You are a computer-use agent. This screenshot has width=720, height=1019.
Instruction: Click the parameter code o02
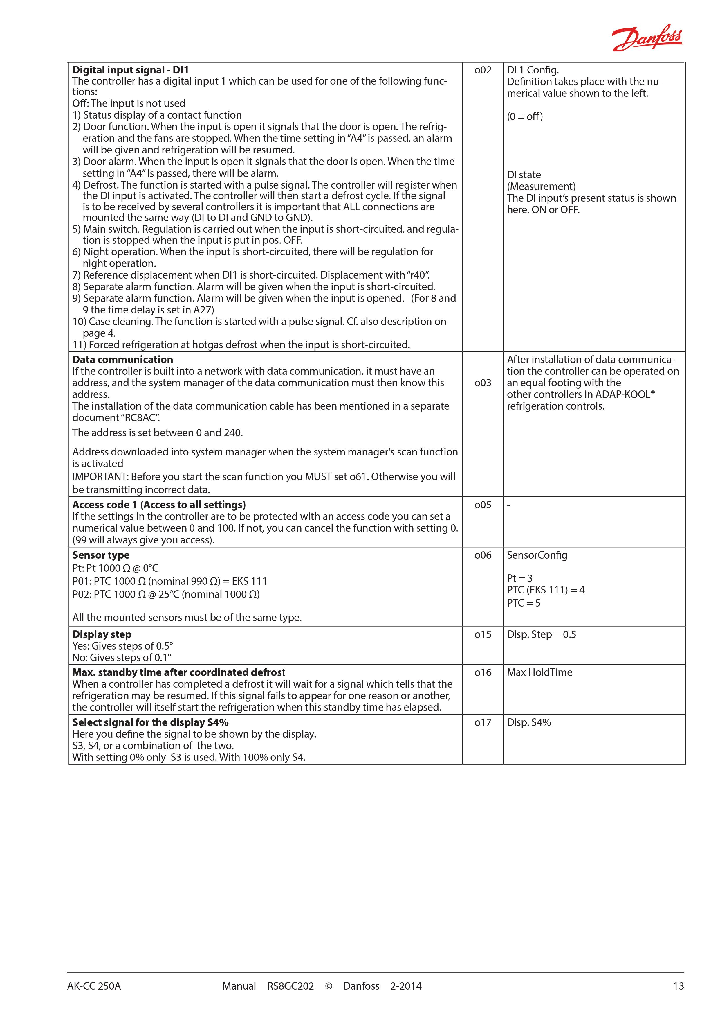click(483, 70)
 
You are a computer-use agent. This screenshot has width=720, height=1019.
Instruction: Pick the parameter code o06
click(483, 555)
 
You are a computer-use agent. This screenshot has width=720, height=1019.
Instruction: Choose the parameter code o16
click(483, 672)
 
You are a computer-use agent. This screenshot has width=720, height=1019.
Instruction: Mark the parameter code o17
click(483, 722)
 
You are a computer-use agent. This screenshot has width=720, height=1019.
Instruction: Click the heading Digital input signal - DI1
click(130, 70)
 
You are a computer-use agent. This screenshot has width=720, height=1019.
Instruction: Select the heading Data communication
click(122, 360)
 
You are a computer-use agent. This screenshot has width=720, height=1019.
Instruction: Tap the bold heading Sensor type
click(101, 555)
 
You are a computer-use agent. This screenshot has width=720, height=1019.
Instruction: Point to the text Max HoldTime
click(539, 672)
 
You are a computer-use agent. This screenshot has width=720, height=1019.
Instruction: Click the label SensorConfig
click(537, 555)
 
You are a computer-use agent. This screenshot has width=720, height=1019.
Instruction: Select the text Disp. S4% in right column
click(529, 722)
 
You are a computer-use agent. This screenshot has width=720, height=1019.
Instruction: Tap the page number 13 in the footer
click(678, 999)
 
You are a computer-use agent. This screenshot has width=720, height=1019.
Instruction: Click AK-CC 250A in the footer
click(94, 999)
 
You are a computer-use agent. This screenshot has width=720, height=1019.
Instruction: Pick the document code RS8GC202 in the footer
click(290, 999)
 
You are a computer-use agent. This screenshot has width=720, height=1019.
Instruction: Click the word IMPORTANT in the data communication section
click(100, 477)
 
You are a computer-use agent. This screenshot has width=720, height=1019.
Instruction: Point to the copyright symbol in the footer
click(329, 999)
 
